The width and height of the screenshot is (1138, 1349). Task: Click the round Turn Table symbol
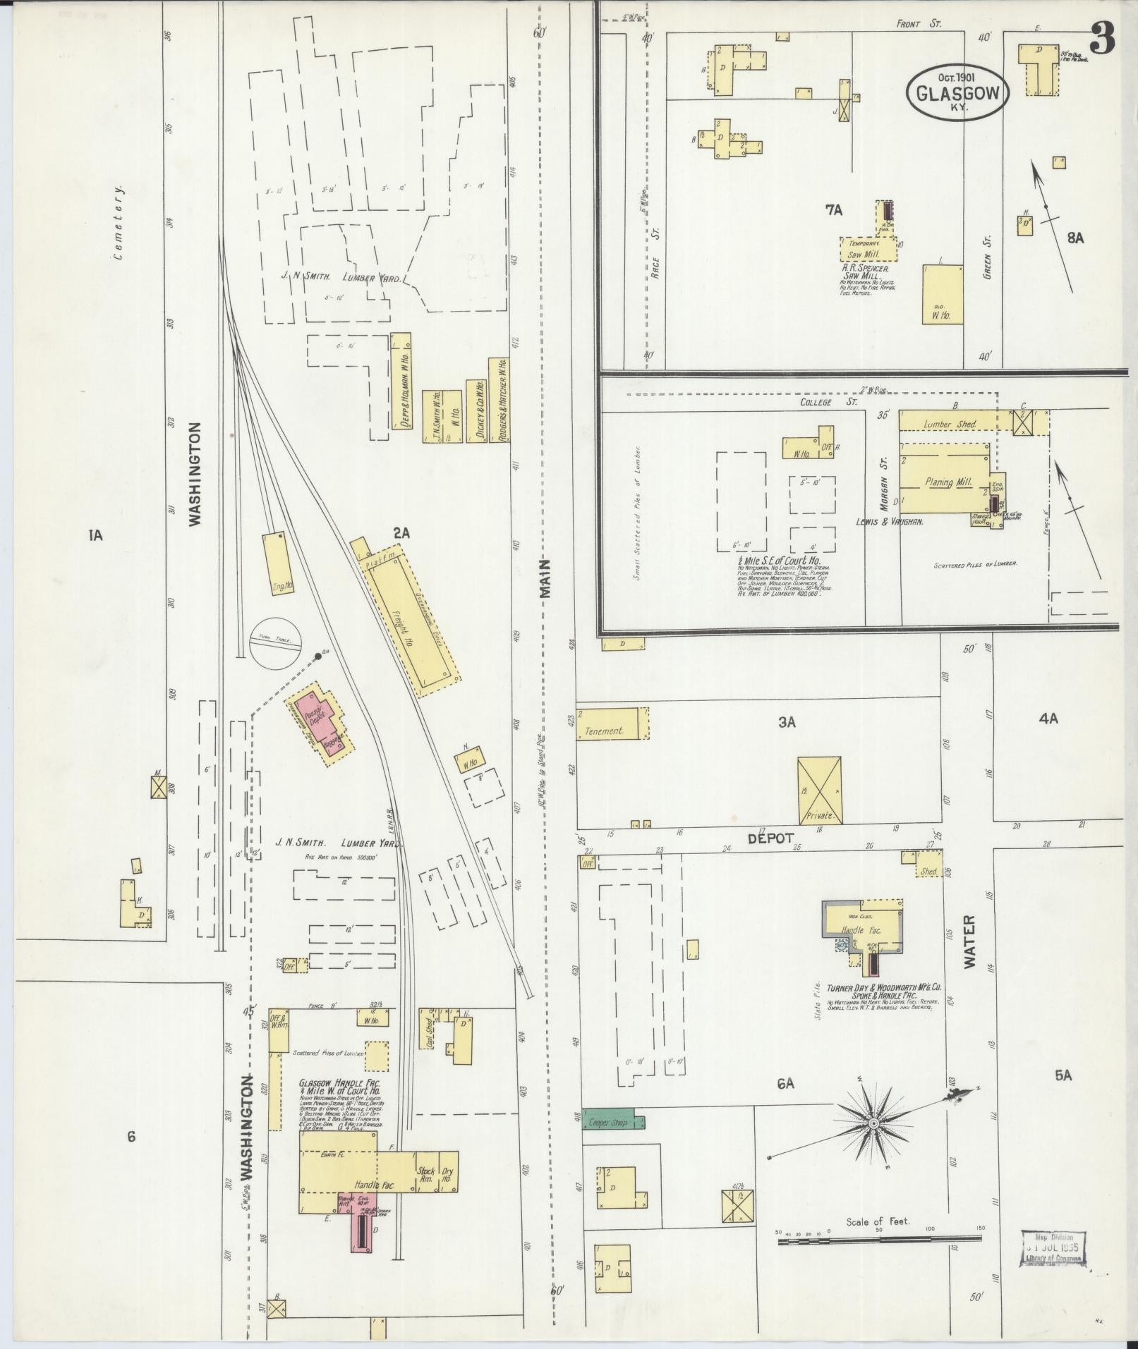coord(276,640)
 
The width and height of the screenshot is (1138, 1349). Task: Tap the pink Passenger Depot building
coord(319,722)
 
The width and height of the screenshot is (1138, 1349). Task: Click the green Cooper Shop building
coord(609,1121)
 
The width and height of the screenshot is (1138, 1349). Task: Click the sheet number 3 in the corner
coord(1102,38)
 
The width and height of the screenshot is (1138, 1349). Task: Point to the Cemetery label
coord(120,224)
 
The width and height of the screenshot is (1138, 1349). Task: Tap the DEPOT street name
coord(771,838)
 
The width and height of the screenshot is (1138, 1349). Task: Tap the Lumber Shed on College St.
coord(950,425)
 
